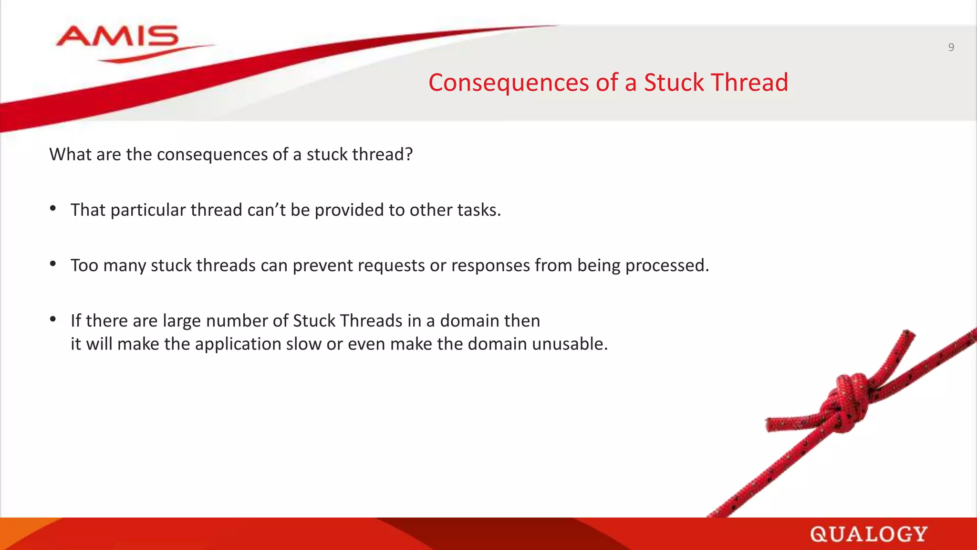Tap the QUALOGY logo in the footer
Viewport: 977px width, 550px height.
(868, 534)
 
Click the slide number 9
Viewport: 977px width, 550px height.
(951, 47)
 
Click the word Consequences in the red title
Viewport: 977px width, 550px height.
(509, 83)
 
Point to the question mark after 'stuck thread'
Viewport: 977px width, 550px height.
(408, 154)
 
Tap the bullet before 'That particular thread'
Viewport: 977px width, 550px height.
(53, 208)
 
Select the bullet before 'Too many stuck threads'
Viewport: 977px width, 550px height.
(53, 264)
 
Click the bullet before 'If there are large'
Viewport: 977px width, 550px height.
(53, 319)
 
